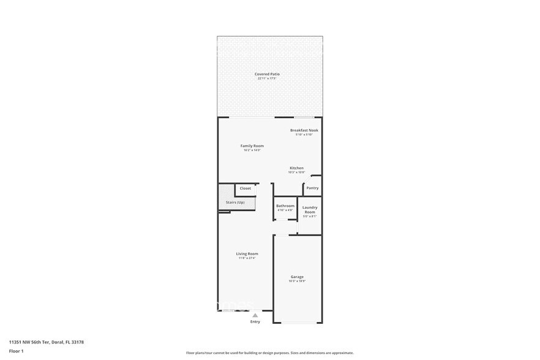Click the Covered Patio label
tap(267, 74)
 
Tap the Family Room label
tap(252, 146)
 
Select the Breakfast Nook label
tap(304, 130)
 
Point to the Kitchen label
tap(296, 168)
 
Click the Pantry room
tap(312, 188)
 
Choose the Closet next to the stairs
tap(245, 189)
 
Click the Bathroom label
tap(285, 206)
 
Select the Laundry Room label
tap(310, 209)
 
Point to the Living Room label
tap(247, 253)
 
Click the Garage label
tap(297, 277)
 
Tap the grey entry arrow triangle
tap(255, 315)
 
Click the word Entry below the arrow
tap(255, 321)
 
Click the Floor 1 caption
tap(17, 351)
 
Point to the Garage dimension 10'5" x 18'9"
tap(297, 281)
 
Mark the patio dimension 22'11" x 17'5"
tap(267, 78)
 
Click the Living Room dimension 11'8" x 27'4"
tap(247, 258)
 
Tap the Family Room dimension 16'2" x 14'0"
tap(252, 150)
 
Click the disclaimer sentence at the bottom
tap(269, 353)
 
